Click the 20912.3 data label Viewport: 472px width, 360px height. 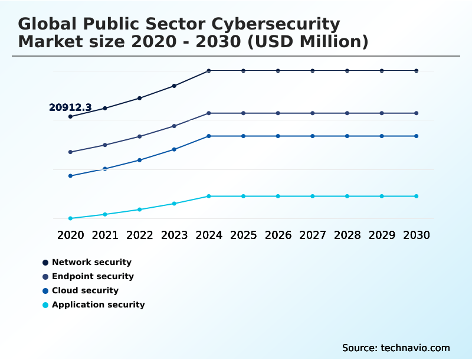[x=70, y=107]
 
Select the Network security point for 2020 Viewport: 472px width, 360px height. [x=70, y=116]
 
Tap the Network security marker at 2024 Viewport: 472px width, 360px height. [x=209, y=71]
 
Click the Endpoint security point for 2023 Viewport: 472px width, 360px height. [x=174, y=126]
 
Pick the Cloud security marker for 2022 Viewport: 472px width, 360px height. [x=140, y=160]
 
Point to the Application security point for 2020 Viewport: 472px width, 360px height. [x=70, y=218]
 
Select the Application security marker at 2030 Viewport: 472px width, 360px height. [x=417, y=196]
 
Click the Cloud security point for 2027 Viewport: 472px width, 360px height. [x=313, y=136]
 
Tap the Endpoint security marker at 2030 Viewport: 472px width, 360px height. [x=417, y=113]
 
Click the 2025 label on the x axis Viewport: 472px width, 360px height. [x=243, y=235]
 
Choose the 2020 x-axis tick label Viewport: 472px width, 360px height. [x=70, y=235]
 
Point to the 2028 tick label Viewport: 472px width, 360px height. [x=347, y=235]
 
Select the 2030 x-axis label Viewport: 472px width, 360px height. [x=417, y=235]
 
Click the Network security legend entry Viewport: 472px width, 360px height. [x=91, y=262]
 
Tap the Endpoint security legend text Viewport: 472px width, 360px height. [x=93, y=276]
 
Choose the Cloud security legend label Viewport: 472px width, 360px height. [x=85, y=290]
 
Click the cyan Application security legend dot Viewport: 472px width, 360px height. [x=45, y=305]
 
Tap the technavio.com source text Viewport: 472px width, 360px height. [x=415, y=348]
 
